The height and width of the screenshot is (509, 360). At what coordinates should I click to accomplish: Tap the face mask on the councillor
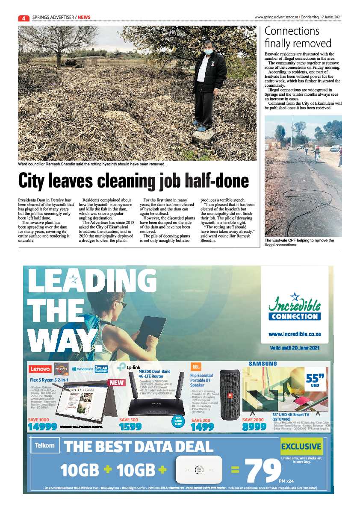[208, 51]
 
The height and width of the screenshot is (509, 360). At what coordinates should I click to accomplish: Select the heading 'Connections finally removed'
[298, 37]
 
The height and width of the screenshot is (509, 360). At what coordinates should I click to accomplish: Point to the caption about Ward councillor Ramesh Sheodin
[91, 164]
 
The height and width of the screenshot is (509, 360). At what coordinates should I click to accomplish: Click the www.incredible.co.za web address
[295, 334]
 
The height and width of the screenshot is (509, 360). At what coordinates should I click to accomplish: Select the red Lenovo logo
[40, 369]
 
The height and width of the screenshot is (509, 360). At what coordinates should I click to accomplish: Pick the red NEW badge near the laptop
[117, 383]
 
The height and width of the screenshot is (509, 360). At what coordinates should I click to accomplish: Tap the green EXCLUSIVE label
[301, 447]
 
